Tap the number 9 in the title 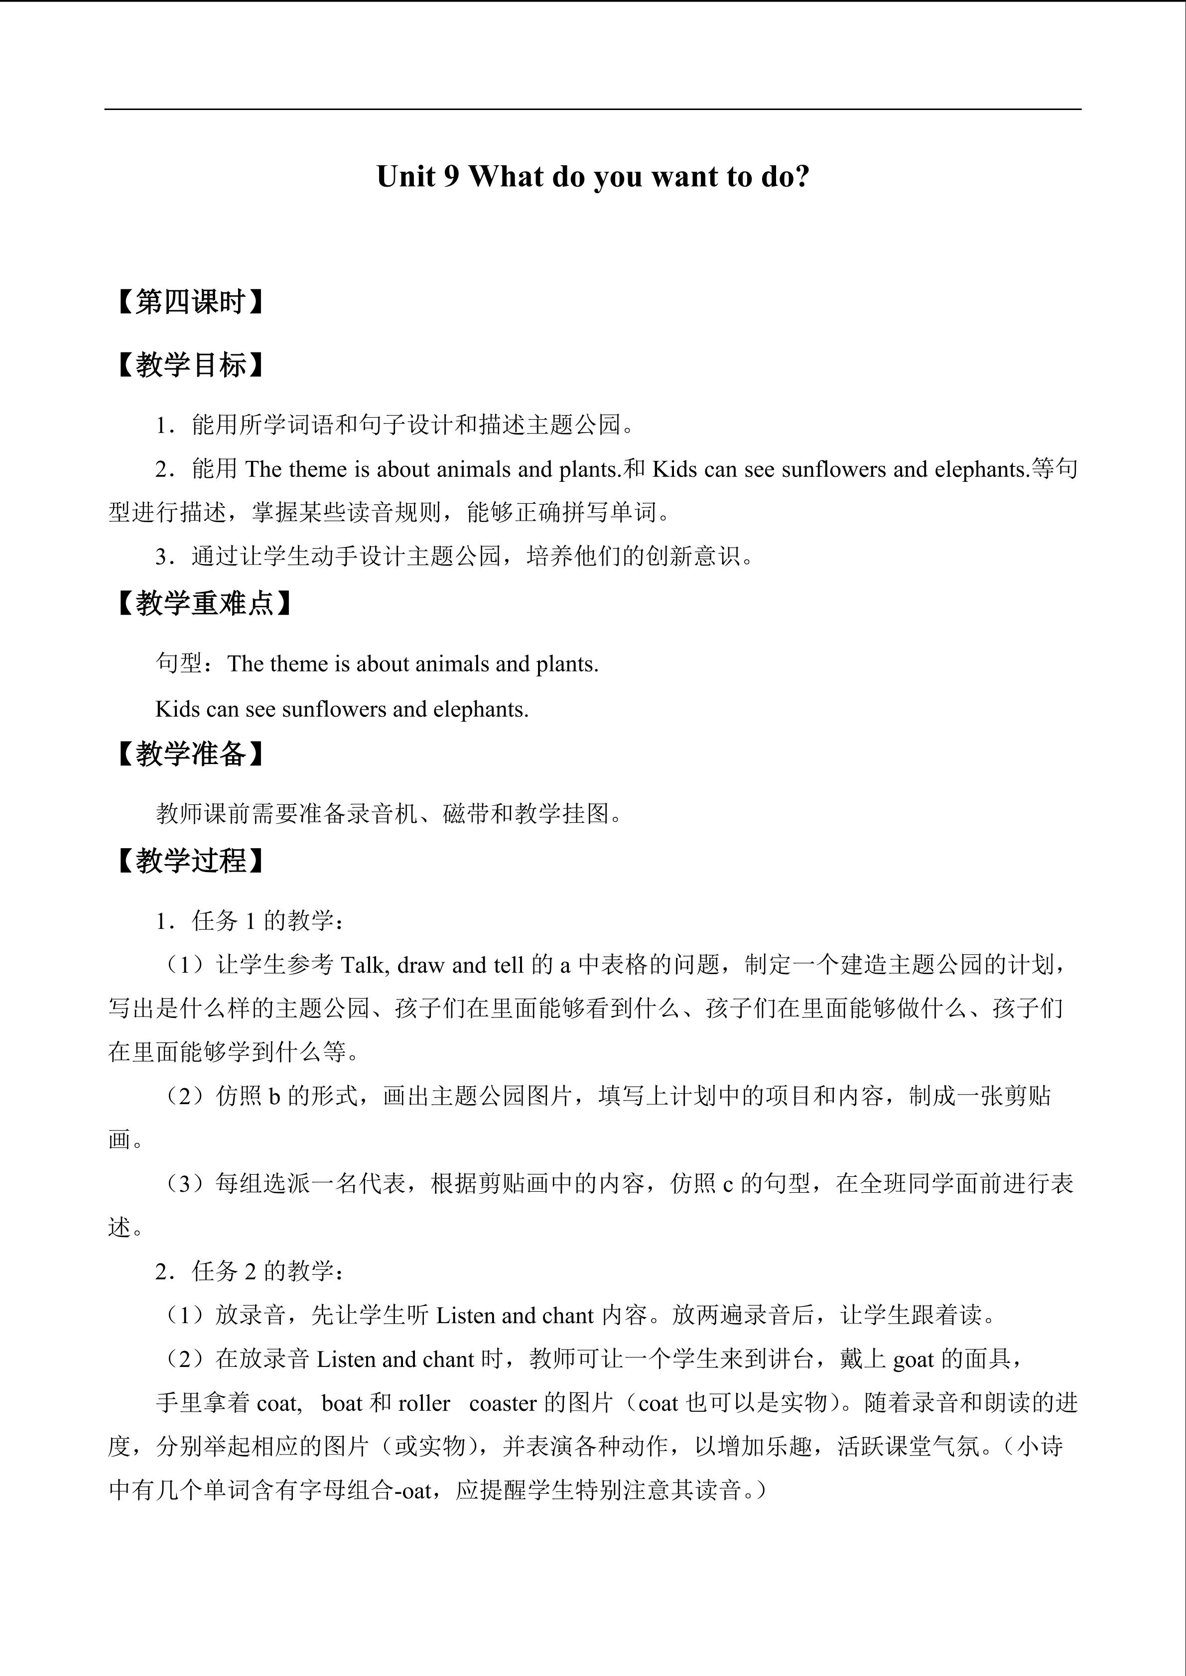[451, 177]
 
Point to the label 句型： [186, 664]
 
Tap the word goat [913, 1359]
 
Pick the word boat [342, 1403]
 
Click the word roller [424, 1403]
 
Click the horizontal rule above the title [592, 110]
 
